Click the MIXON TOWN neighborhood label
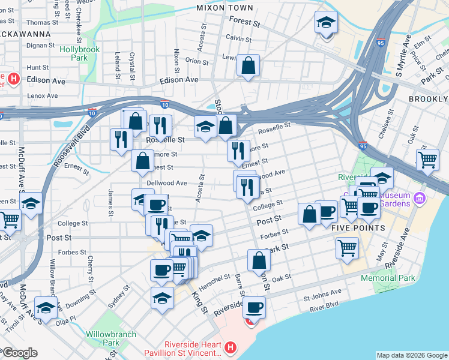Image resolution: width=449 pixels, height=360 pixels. [x=224, y=8]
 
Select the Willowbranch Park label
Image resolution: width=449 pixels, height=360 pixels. [x=110, y=338]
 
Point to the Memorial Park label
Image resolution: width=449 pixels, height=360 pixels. [x=388, y=278]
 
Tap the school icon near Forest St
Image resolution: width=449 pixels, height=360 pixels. [x=326, y=23]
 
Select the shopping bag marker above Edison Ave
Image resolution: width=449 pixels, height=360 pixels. [x=247, y=65]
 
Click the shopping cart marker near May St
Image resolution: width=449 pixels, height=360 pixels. [x=347, y=248]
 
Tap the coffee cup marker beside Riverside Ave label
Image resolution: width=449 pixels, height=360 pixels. [x=255, y=308]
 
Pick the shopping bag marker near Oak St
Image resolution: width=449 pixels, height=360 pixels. [x=259, y=260]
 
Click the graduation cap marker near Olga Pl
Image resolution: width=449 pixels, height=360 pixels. [x=46, y=308]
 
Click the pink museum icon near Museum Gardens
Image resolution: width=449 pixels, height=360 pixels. [x=420, y=198]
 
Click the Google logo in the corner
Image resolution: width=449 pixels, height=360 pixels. [x=19, y=353]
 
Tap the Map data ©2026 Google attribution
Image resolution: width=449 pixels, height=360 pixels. [x=412, y=355]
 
